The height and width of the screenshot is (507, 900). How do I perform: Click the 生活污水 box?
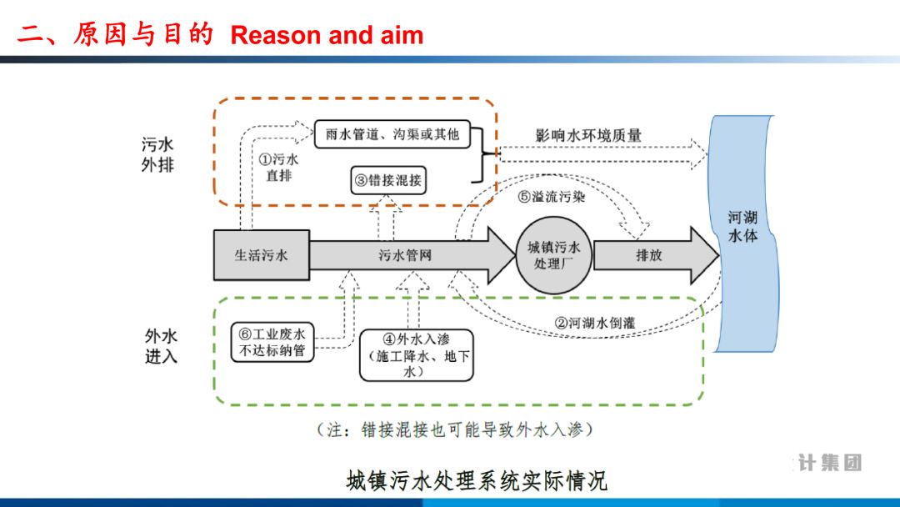point(261,255)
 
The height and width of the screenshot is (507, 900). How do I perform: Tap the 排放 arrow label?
point(648,255)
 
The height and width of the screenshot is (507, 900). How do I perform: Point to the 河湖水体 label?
point(742,227)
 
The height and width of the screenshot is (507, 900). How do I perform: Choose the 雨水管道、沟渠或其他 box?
point(392,133)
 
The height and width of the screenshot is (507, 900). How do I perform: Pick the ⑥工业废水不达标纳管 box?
point(272,343)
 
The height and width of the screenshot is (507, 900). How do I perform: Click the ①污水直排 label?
point(278,168)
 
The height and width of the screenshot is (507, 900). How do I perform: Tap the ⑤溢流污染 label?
point(552,198)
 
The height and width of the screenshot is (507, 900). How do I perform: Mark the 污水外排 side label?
point(157,155)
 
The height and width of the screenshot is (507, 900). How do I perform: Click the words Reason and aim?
point(327,35)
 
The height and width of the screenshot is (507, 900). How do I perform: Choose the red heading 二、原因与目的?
point(116,35)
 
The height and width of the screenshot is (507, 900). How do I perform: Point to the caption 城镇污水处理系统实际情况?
point(477,481)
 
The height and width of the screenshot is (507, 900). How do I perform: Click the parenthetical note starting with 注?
point(455,430)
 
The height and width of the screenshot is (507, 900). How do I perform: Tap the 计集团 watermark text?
point(829,463)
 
